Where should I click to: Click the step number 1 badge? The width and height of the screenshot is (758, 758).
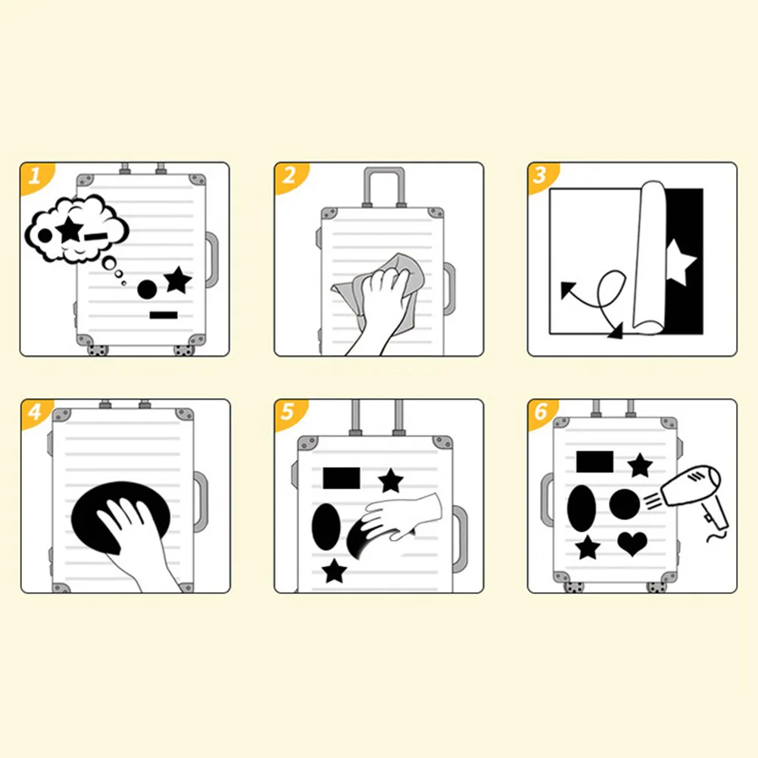click(x=35, y=176)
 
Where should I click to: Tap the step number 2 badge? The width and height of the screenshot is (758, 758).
click(x=289, y=176)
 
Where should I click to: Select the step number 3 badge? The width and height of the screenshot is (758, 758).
click(x=541, y=176)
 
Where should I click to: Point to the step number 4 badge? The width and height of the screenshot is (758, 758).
click(x=35, y=413)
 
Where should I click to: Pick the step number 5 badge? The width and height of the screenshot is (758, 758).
click(x=288, y=413)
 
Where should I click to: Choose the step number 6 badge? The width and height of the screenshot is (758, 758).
click(x=541, y=413)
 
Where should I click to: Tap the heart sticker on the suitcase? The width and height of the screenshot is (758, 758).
click(x=632, y=544)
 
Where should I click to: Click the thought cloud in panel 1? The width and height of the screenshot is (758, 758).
click(x=76, y=229)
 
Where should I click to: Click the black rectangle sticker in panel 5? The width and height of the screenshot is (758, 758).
click(x=342, y=478)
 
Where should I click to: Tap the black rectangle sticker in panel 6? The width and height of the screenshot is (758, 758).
click(x=594, y=462)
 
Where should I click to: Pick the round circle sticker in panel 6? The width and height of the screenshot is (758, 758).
click(x=625, y=504)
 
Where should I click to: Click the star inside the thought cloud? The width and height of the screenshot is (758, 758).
click(x=70, y=229)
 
